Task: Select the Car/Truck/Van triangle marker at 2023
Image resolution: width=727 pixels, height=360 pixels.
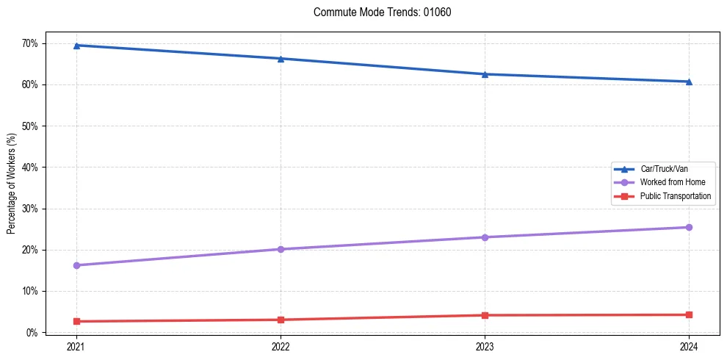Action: [x=485, y=74]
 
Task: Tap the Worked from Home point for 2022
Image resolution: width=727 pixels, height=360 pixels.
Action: [x=281, y=249]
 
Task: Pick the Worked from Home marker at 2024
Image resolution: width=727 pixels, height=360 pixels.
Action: [x=689, y=227]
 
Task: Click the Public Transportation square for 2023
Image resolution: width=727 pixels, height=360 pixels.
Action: [x=485, y=315]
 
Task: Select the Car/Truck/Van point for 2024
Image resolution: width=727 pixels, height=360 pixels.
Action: [x=689, y=82]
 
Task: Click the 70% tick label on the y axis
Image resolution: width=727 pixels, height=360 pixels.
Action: [x=29, y=43]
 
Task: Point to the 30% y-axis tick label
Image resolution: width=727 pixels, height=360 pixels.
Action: [x=29, y=209]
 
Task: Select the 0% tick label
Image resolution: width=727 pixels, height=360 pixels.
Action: [x=32, y=333]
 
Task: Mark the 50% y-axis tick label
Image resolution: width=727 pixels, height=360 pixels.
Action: [x=29, y=126]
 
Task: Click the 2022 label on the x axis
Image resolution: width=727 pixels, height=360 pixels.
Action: [x=281, y=346]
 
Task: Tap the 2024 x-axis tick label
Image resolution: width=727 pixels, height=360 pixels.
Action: [x=689, y=346]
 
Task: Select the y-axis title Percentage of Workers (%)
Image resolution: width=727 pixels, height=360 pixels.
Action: [x=12, y=184]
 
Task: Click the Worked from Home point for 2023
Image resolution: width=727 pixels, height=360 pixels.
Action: [x=485, y=237]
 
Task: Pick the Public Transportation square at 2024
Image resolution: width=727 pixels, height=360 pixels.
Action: [x=689, y=314]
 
